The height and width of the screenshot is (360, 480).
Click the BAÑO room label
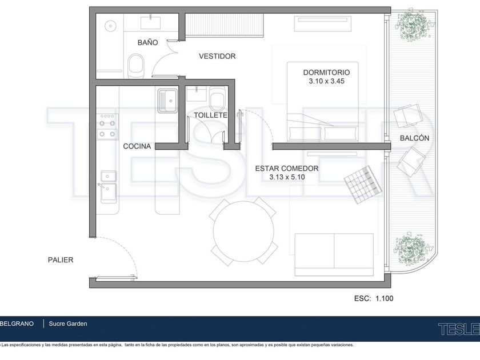(x=147, y=42)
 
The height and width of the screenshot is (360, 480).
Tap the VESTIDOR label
(x=217, y=56)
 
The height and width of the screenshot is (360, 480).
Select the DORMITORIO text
(x=326, y=73)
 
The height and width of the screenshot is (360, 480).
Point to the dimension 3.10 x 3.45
(x=326, y=81)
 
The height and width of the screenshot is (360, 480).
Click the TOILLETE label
(x=211, y=115)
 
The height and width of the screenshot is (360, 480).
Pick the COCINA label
(x=137, y=146)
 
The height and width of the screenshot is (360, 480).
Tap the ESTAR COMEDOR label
(x=287, y=169)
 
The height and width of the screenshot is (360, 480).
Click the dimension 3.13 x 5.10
(x=287, y=177)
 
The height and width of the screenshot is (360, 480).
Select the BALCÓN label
(x=414, y=138)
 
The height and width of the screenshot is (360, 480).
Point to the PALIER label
(x=61, y=260)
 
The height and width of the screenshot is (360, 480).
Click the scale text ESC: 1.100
(x=374, y=298)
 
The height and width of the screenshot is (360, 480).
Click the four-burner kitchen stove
(x=107, y=127)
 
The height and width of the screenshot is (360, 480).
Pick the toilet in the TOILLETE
(x=218, y=100)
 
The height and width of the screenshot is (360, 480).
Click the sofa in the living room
(x=334, y=255)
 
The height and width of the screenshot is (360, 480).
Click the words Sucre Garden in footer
(x=68, y=323)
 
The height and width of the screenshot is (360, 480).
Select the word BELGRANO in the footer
(x=17, y=323)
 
